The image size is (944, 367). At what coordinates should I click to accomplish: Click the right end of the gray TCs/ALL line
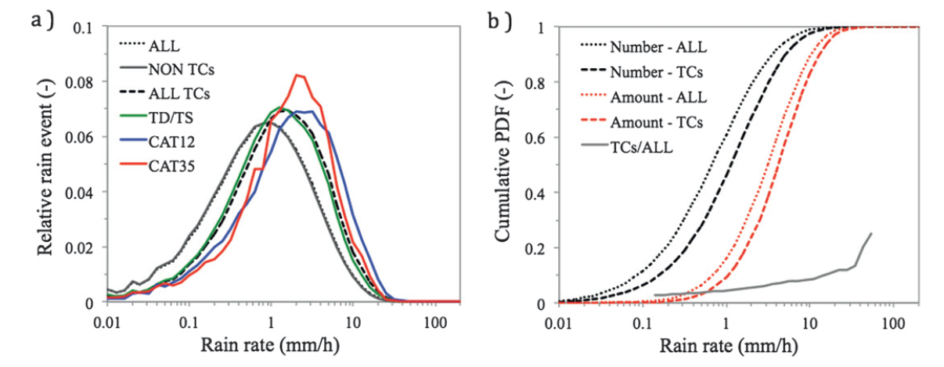(871, 233)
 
